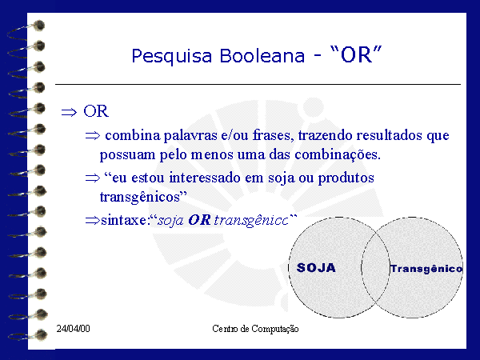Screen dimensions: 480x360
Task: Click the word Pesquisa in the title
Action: tap(172, 56)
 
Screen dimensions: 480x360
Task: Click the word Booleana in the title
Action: tap(262, 56)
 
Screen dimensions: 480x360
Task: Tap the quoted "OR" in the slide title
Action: tap(356, 54)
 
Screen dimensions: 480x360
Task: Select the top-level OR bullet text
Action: tap(96, 111)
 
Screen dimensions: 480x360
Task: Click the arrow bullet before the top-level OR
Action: tap(69, 112)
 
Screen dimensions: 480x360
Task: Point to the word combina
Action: tap(133, 135)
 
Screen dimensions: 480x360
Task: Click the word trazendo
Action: tap(325, 135)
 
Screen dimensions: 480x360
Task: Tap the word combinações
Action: tap(338, 154)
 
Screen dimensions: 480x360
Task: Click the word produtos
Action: tap(346, 178)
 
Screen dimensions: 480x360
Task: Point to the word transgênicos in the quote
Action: tap(140, 198)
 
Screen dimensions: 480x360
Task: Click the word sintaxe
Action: tap(124, 221)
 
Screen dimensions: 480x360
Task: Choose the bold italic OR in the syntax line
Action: tap(199, 220)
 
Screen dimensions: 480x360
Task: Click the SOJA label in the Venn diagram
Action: tap(316, 268)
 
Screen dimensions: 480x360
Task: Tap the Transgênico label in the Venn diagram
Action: tap(426, 269)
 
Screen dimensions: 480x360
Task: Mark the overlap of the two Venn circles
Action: tap(376, 267)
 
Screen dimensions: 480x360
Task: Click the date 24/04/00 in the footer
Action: tap(73, 329)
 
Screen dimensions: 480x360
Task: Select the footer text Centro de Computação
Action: tap(255, 329)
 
